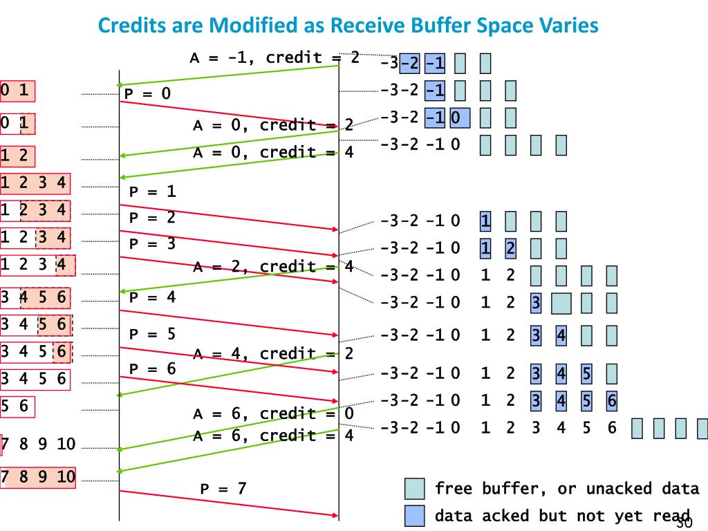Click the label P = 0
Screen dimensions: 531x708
147,93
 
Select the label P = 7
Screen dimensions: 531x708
223,489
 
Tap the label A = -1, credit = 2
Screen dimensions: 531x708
274,57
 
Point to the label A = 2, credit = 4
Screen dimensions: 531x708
273,266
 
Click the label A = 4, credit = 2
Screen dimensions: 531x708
273,354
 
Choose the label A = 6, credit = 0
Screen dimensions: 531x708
273,413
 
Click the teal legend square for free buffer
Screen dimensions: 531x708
415,489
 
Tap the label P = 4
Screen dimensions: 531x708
152,298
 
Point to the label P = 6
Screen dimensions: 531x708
152,369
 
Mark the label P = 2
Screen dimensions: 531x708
152,218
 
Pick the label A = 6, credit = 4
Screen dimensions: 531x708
273,436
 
